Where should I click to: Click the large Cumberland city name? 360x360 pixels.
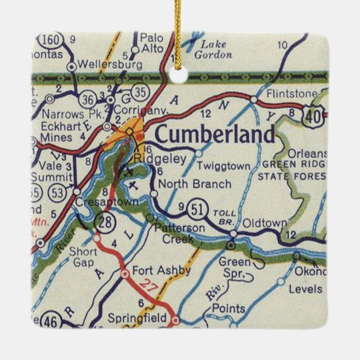point(215,135)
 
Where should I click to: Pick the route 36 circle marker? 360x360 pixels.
point(87,99)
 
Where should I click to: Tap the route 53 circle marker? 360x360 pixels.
point(57,193)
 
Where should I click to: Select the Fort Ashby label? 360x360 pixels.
point(162,271)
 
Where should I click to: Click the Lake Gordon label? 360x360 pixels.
point(213,49)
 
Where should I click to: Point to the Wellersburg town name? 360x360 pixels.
point(107,64)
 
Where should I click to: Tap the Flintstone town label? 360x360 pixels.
point(292,93)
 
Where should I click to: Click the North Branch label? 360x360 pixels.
point(195,184)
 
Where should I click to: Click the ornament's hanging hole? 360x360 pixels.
point(178,74)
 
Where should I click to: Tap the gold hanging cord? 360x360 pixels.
point(177,28)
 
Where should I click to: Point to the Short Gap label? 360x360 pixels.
point(83,257)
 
